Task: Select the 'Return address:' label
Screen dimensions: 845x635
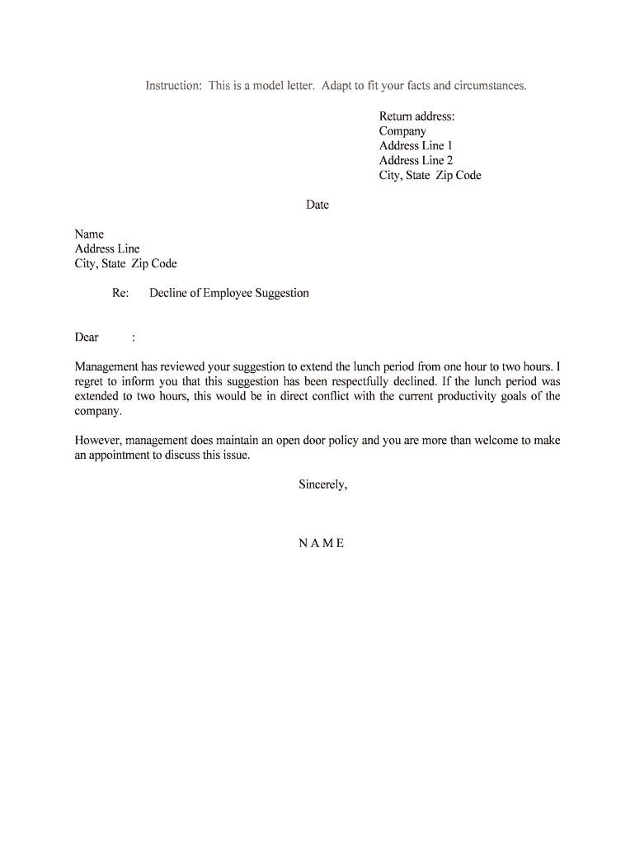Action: click(x=416, y=116)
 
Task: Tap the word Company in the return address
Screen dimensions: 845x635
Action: click(x=402, y=131)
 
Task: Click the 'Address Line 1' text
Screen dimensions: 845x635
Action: click(x=416, y=146)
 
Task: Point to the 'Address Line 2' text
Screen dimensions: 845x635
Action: click(x=416, y=161)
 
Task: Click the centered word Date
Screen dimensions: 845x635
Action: click(x=317, y=205)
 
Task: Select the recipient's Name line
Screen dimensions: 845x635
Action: click(x=89, y=234)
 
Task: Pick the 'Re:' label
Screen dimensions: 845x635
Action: click(x=120, y=293)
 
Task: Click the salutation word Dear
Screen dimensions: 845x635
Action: click(x=87, y=337)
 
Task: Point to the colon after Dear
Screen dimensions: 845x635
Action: click(x=133, y=337)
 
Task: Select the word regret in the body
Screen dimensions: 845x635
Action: click(x=90, y=381)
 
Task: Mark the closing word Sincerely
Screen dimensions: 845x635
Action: click(x=322, y=484)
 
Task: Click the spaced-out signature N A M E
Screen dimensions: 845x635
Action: click(x=322, y=543)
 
